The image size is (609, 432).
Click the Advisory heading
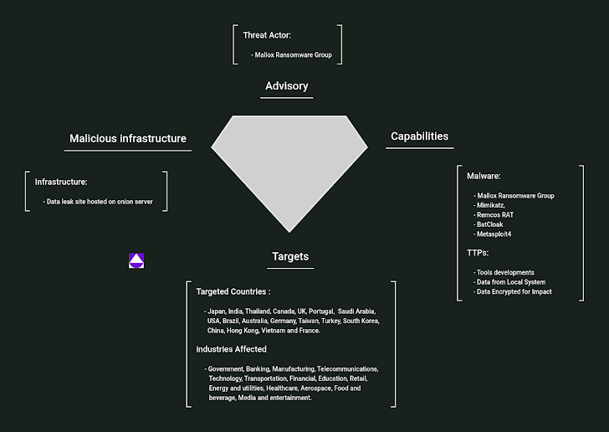(286, 86)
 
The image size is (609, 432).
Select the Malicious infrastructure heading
(128, 138)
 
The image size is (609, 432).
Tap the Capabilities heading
(419, 136)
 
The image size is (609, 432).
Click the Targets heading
(290, 257)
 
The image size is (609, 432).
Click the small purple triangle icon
(136, 260)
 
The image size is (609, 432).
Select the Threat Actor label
(267, 35)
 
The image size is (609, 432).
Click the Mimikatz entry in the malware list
(490, 205)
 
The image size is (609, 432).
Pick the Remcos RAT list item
(496, 214)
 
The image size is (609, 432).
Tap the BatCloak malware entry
(491, 224)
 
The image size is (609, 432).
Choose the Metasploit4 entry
(494, 234)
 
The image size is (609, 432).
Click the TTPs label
(478, 252)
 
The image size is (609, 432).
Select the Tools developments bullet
(504, 272)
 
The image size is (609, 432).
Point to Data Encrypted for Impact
(514, 292)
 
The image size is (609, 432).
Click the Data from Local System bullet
(510, 282)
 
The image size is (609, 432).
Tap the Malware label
(484, 176)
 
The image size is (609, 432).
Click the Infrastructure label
(61, 182)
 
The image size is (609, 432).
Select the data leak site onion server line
(100, 202)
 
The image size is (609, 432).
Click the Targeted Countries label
(233, 291)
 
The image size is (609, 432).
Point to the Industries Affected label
(232, 349)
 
